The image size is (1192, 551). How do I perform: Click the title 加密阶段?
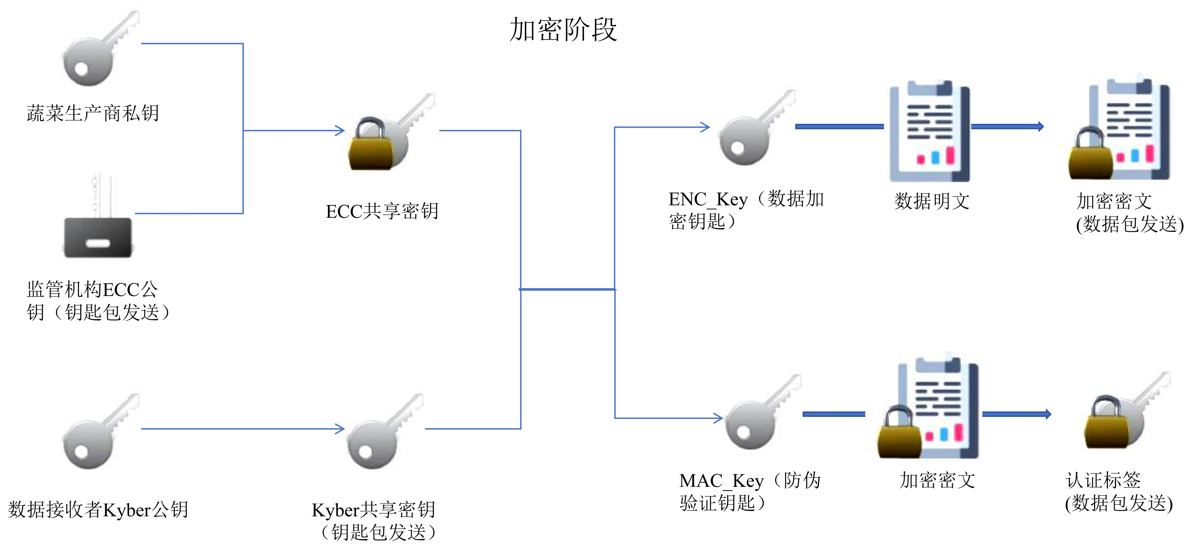(x=563, y=29)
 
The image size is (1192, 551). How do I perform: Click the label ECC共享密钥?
(x=382, y=211)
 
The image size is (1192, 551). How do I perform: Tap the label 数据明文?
(x=932, y=201)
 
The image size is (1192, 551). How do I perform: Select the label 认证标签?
(x=1103, y=480)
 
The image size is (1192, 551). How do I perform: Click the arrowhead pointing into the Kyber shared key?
(x=340, y=429)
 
